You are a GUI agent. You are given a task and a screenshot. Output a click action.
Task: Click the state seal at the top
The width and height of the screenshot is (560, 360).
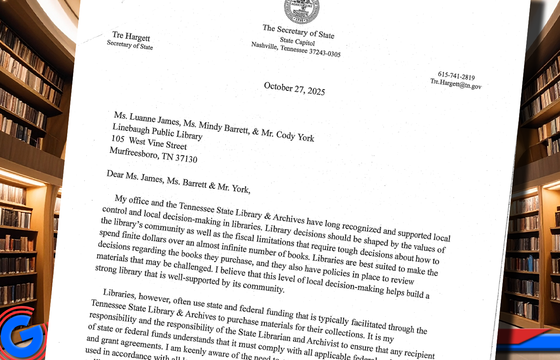tap(302, 11)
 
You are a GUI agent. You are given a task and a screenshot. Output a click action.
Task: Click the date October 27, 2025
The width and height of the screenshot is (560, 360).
tap(294, 89)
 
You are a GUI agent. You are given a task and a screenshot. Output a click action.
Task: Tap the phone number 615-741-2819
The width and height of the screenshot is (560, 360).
tap(456, 76)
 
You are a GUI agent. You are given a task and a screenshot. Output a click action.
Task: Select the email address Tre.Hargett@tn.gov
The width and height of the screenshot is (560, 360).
tap(456, 84)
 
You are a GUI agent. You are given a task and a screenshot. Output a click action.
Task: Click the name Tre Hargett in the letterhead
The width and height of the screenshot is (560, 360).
tap(131, 36)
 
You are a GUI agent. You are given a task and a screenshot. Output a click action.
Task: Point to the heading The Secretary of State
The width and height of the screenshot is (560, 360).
tap(298, 31)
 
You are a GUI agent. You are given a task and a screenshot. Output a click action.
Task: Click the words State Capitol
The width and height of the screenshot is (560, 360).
tap(297, 41)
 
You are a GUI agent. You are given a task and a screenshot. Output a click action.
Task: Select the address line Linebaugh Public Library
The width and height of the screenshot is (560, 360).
tap(157, 132)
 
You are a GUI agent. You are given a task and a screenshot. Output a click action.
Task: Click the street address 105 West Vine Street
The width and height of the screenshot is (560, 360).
tap(149, 142)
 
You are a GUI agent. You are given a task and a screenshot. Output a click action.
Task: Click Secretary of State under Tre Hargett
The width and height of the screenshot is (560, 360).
tap(130, 45)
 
